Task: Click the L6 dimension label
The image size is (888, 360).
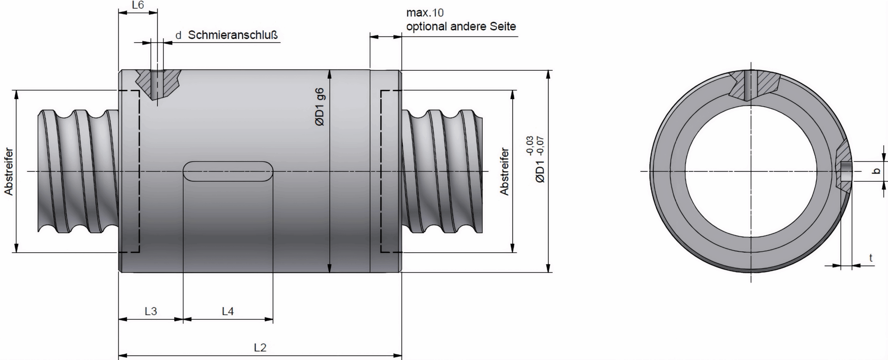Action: (138, 6)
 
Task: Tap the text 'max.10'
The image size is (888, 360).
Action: (425, 12)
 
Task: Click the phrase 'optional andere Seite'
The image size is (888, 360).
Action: (461, 26)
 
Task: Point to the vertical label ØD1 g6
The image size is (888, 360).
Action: (320, 107)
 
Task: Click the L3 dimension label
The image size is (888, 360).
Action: (151, 311)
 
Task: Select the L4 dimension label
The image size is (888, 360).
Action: (228, 311)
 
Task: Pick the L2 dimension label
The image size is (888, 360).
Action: (260, 348)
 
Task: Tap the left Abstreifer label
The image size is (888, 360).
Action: (8, 172)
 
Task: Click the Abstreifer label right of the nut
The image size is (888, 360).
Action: (504, 172)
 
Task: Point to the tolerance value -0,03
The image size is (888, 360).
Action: (530, 145)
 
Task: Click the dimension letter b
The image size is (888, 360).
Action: (876, 172)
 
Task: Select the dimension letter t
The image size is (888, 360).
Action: (871, 258)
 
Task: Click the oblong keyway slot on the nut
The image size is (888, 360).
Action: (228, 171)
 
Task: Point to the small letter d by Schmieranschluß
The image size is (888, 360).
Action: (178, 36)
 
